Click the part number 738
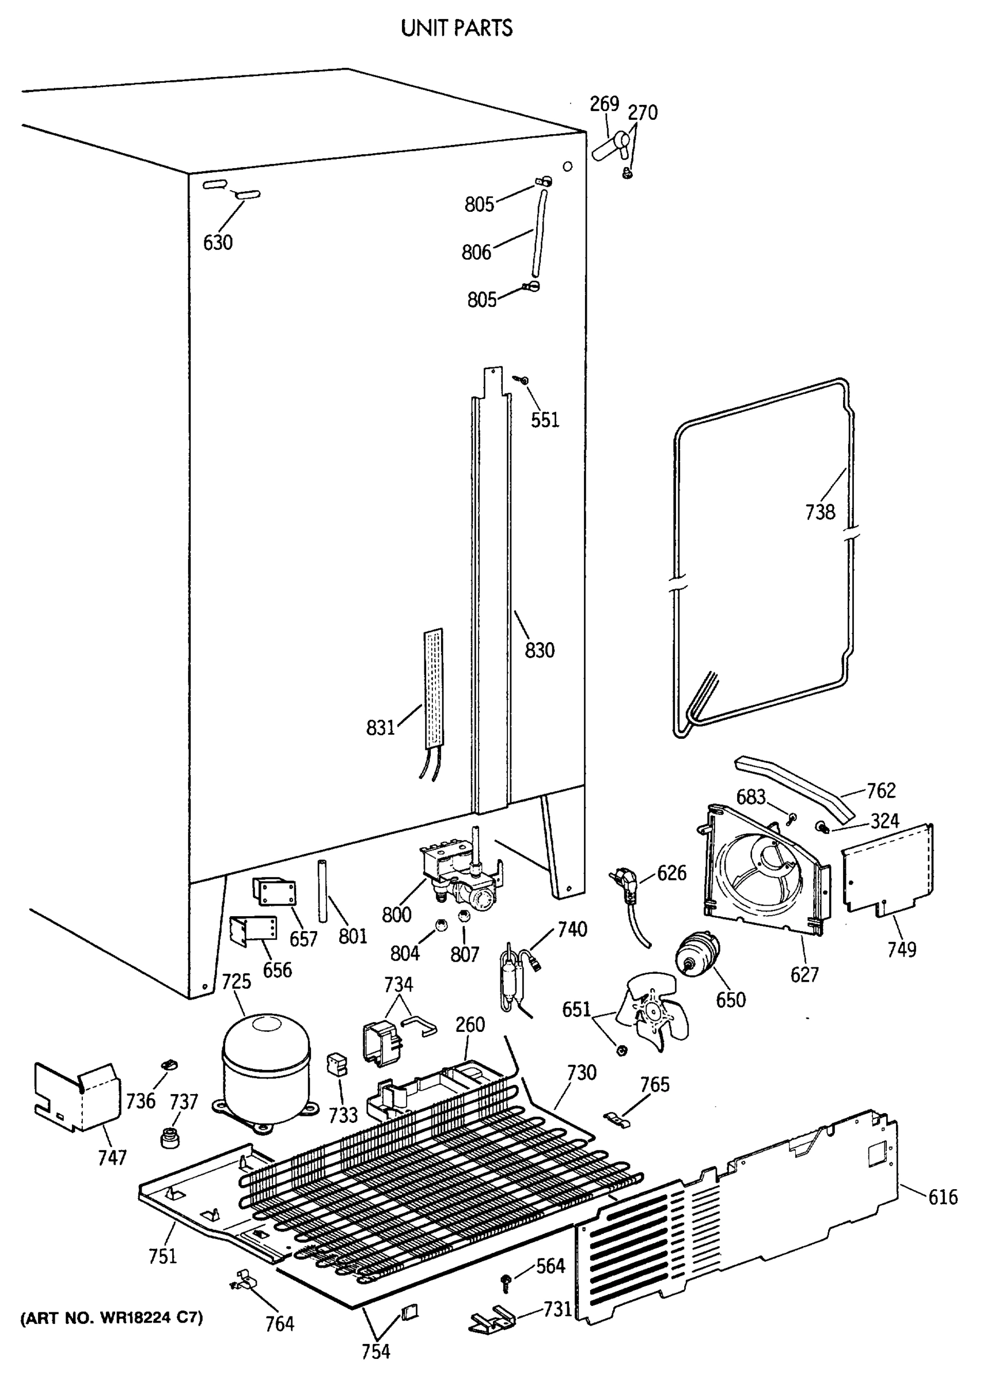click(x=820, y=512)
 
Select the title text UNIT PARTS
click(x=457, y=28)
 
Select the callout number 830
click(x=540, y=650)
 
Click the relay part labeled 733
click(x=337, y=1065)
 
